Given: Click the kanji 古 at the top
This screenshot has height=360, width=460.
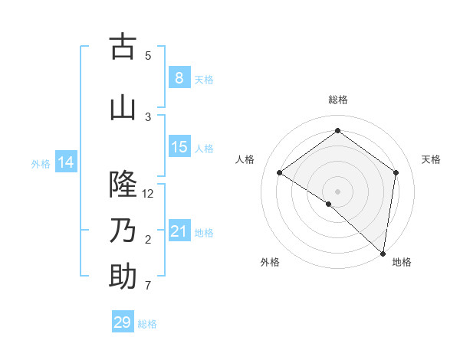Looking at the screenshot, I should pos(123,47).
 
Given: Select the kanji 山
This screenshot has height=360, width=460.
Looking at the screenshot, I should pos(123,108).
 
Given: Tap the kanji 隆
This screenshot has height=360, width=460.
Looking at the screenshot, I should pos(123,185).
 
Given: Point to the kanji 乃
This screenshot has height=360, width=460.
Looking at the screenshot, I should pos(123,231).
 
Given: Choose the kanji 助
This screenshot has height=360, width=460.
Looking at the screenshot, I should pos(123,277).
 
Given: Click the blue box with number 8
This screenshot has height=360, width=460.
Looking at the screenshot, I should pos(179,78).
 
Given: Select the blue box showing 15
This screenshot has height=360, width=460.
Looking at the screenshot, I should pos(179,147).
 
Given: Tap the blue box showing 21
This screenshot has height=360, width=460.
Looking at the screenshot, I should pos(179,231).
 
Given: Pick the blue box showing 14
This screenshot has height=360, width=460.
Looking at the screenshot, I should pos(65,162).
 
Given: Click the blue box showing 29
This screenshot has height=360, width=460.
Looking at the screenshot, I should pos(122,322).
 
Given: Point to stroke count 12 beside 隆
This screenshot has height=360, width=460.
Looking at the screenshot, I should pos(148,194).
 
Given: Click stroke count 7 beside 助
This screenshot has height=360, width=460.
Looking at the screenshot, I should pos(148,286).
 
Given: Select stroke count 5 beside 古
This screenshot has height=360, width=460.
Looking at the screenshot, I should pos(148,56).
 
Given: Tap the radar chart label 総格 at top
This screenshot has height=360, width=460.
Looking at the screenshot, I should pos(337,100).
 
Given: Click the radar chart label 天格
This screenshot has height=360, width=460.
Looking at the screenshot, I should pos(431,159).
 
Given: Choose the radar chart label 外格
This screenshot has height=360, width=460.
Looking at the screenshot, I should pos(270,263).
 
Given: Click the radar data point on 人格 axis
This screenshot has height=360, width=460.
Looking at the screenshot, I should pos(280,172).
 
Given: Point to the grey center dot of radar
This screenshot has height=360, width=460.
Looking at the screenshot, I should pos(337,191).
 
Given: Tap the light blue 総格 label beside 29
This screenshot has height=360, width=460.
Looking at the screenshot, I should pos(147,324).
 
